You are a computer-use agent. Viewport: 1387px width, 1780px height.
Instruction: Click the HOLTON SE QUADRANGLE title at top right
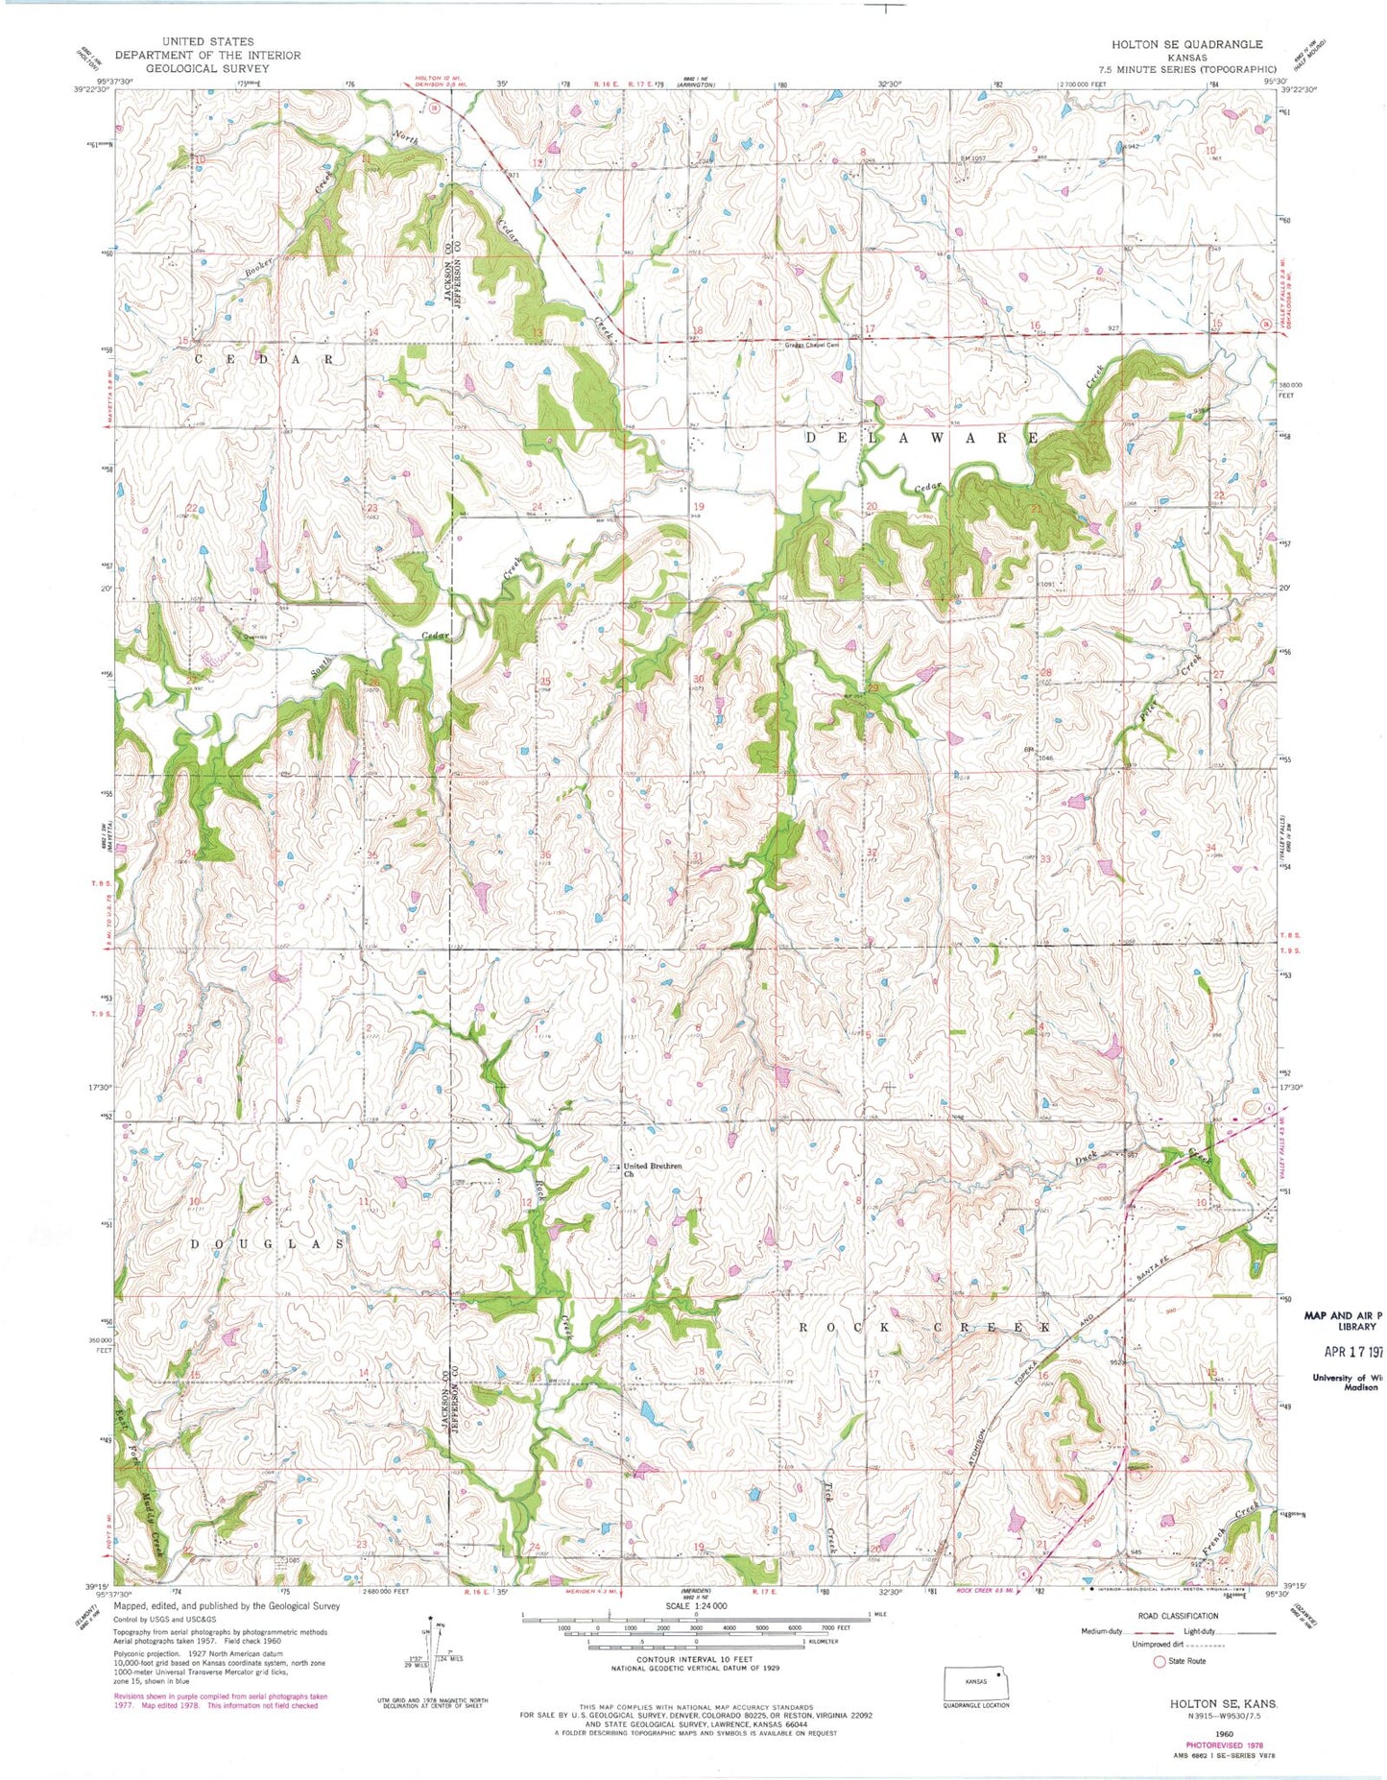point(1186,44)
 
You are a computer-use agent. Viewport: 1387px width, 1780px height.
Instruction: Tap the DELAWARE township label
point(921,438)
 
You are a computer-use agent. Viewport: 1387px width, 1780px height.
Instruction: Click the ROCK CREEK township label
point(921,1326)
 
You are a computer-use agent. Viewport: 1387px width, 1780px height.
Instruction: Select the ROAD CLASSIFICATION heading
point(1178,1616)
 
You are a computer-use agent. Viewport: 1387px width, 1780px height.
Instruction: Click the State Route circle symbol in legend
point(1160,1661)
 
